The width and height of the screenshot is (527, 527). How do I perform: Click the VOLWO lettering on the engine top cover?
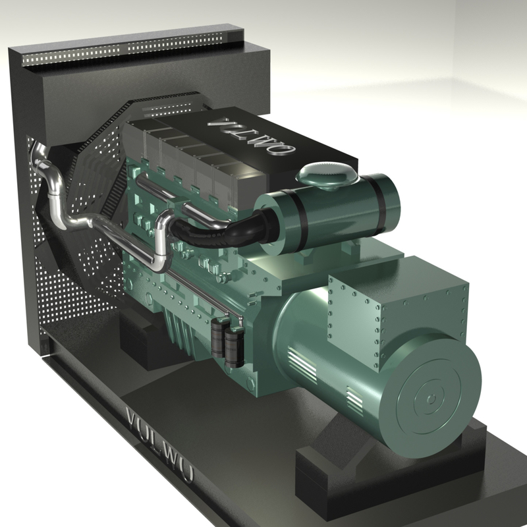[x=251, y=136]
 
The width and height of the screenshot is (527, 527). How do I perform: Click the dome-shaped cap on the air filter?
[x=327, y=175]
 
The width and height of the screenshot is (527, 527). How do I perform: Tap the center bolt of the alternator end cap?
[x=431, y=399]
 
